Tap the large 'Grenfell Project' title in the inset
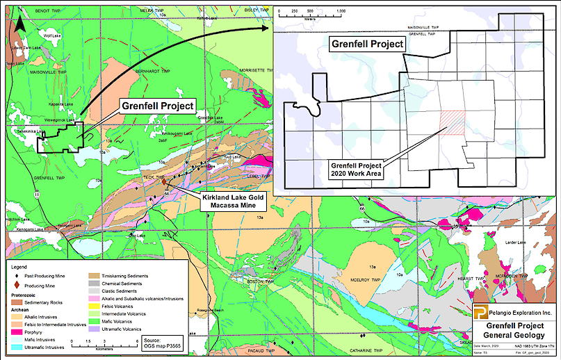coord(366,44)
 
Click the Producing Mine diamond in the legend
coord(15,285)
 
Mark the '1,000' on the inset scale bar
coord(339,11)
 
